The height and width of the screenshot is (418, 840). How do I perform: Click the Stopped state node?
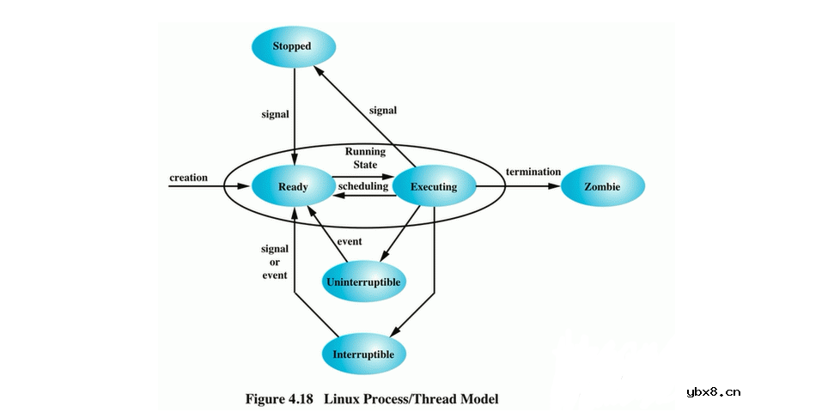click(291, 45)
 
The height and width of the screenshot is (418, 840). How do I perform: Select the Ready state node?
click(293, 186)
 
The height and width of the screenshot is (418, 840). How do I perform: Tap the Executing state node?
click(434, 186)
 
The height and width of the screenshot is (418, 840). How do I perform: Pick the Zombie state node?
click(602, 186)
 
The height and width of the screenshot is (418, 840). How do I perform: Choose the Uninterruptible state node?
click(364, 281)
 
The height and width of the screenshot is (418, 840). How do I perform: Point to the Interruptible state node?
click(364, 354)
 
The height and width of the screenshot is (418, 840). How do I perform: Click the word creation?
click(189, 178)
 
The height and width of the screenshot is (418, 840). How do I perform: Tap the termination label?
click(533, 172)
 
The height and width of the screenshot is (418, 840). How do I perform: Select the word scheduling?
click(363, 186)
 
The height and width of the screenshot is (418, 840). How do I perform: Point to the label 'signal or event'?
click(274, 262)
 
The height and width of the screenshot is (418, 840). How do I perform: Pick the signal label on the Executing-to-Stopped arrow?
click(382, 110)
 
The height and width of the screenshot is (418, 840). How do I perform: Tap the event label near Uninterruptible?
click(350, 241)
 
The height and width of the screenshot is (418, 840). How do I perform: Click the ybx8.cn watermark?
click(713, 392)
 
